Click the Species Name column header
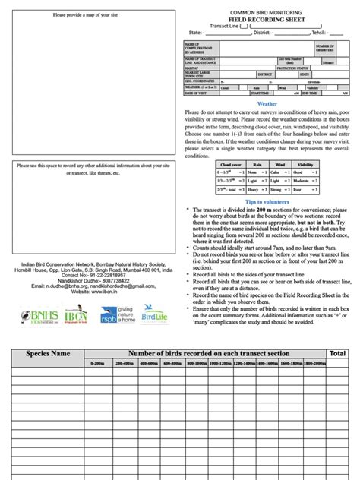pyautogui.click(x=48, y=353)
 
